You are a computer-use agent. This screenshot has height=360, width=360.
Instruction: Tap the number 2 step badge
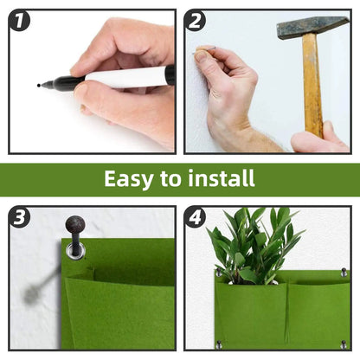pos(196,21)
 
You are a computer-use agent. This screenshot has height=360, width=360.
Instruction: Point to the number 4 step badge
pos(196,216)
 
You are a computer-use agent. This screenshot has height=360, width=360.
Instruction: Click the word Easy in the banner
pos(128,179)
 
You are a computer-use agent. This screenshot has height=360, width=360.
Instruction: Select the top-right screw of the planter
pos(344,273)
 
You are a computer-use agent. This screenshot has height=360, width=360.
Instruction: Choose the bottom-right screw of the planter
pos(344,343)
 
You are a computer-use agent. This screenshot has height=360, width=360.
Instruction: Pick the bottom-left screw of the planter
pos(218,344)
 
